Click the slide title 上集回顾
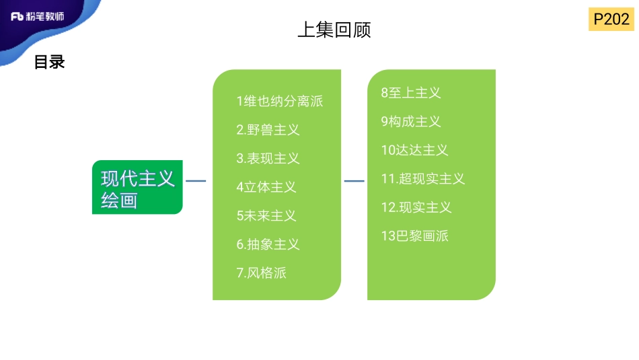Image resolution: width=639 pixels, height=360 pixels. [x=334, y=30]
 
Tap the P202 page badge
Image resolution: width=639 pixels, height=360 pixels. [x=611, y=20]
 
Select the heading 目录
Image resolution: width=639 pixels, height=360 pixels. [x=49, y=63]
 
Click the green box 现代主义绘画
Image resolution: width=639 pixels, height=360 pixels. [x=137, y=188]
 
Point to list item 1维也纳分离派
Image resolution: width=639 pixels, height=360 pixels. [x=280, y=102]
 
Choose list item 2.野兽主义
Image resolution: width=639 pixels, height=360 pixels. [x=268, y=130]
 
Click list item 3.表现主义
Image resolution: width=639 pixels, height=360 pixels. [x=268, y=159]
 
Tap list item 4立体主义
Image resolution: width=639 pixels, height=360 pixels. [x=266, y=187]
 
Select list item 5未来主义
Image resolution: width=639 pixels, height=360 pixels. [x=266, y=215]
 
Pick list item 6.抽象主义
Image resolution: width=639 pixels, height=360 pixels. [x=268, y=244]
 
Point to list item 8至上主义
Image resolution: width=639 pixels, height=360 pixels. [x=411, y=93]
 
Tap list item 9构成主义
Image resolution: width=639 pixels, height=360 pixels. [x=411, y=122]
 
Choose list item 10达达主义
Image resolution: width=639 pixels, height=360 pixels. [x=414, y=150]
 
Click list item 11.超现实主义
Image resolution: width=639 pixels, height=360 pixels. [x=423, y=179]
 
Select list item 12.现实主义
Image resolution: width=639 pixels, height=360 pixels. [x=416, y=207]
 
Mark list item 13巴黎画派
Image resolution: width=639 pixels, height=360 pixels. [x=414, y=236]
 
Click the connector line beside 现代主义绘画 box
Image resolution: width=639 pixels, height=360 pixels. [x=196, y=180]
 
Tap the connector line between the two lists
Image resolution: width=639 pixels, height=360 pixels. [x=354, y=180]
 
